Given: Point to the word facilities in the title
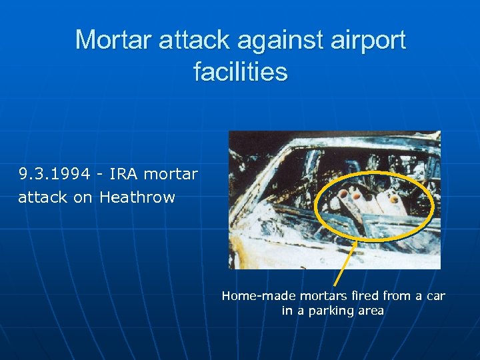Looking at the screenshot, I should [x=240, y=71].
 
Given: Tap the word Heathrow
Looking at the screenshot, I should [x=137, y=197].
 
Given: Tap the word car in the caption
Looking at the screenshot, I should [x=435, y=295].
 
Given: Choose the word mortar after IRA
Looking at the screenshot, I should [x=171, y=175].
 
